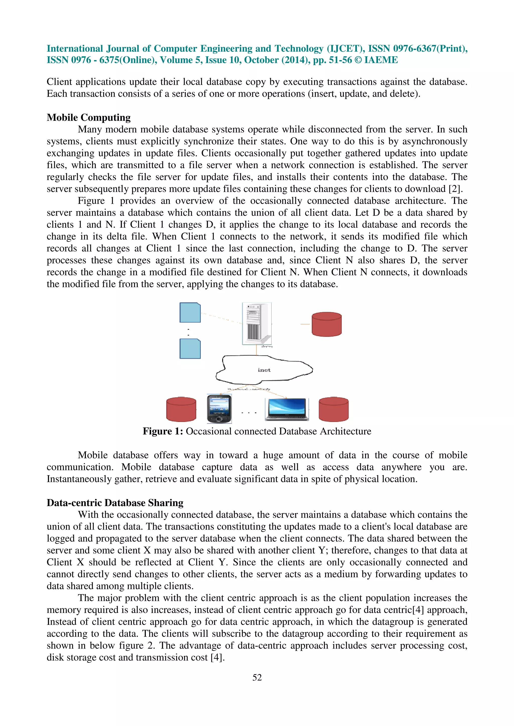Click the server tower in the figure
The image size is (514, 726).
tap(257, 323)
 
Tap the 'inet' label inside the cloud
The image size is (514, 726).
tap(264, 370)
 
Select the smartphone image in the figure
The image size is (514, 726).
tap(219, 409)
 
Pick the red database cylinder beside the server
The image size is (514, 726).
tap(326, 324)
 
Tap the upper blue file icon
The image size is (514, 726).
tap(190, 312)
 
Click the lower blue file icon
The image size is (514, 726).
tap(190, 348)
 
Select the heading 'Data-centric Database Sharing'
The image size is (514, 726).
tap(115, 503)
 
